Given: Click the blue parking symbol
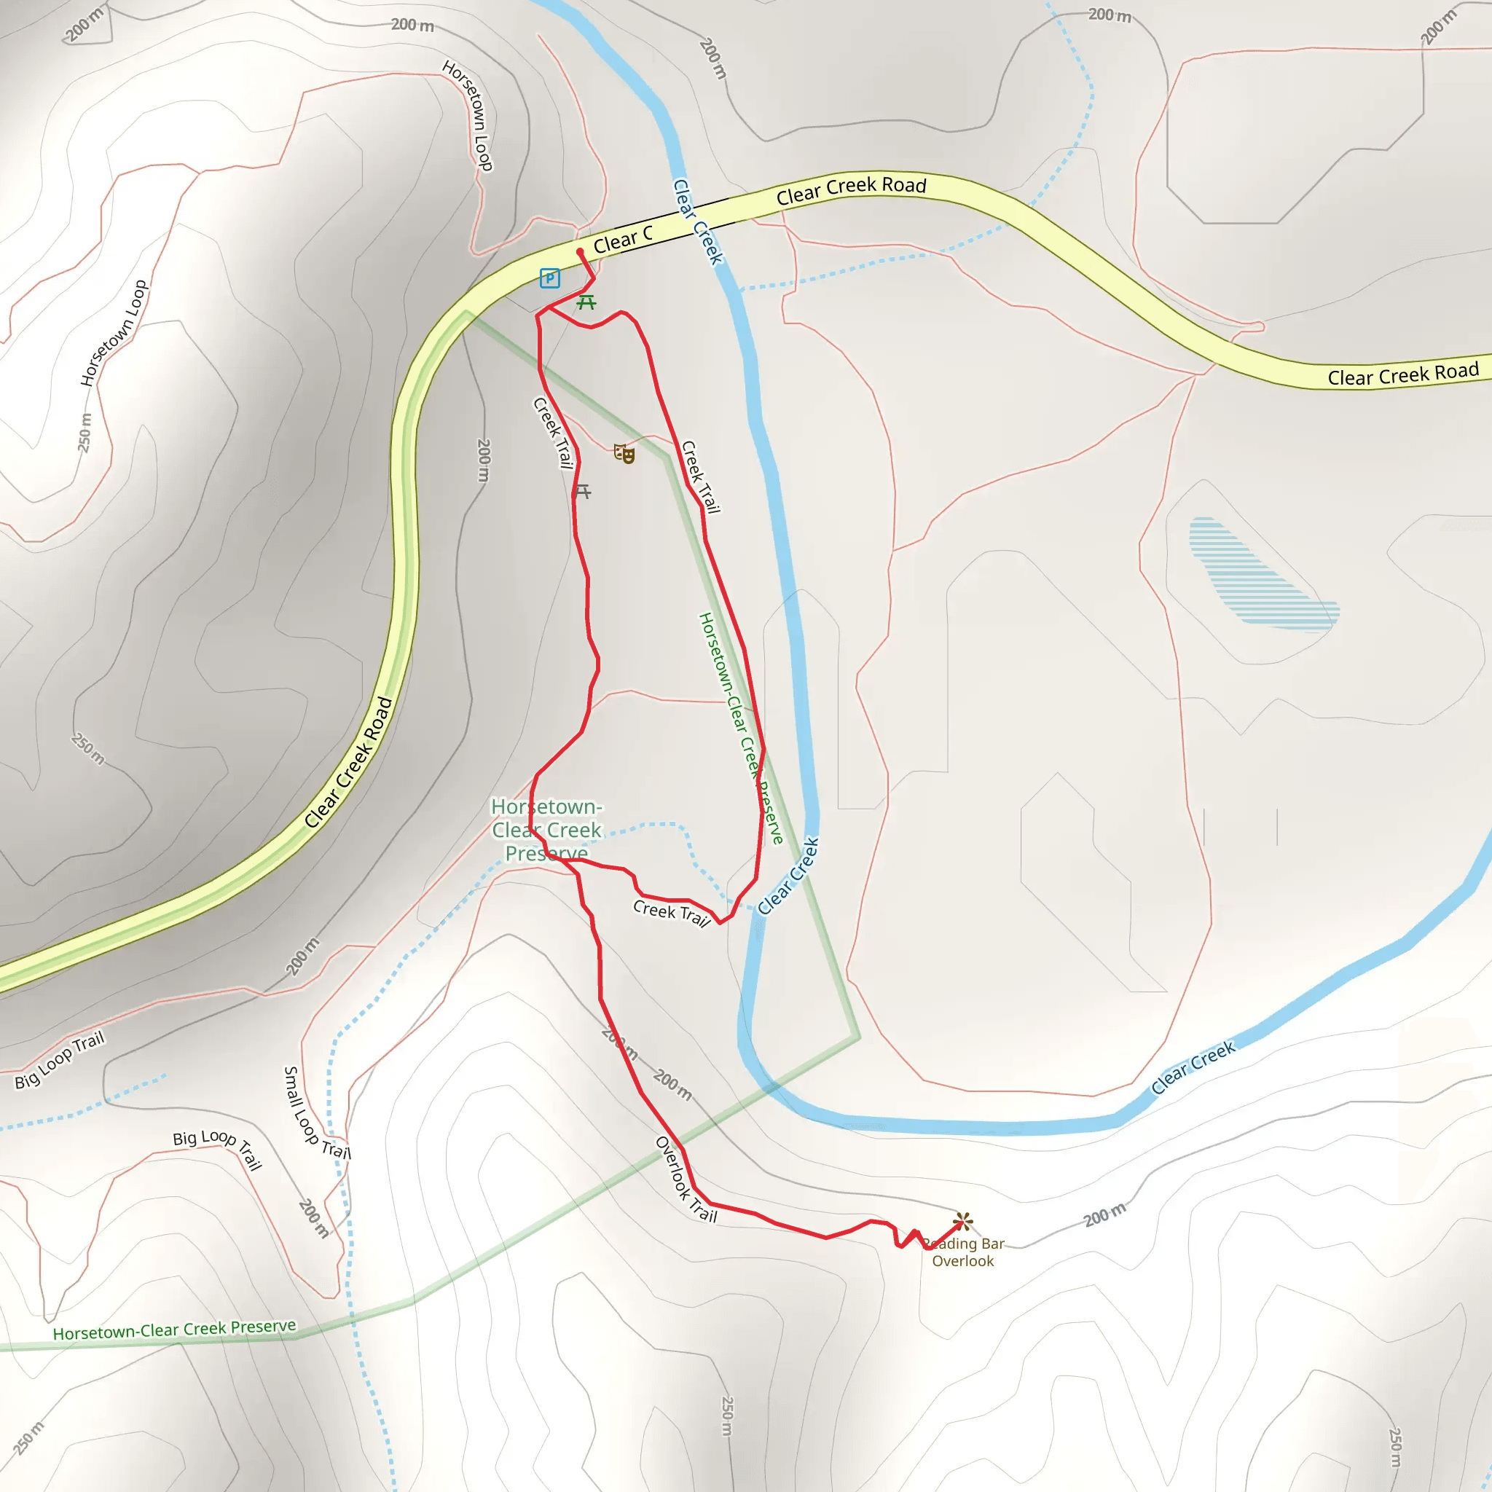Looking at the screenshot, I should click(550, 278).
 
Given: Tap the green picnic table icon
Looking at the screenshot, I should click(587, 302).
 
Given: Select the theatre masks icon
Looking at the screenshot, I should click(624, 453).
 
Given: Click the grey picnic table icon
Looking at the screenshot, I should click(583, 491).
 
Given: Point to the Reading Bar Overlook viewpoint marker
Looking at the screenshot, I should click(962, 1222).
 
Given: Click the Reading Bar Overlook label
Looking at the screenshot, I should click(963, 1252).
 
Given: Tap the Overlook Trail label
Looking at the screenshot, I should click(686, 1180).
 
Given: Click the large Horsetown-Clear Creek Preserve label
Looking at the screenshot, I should click(547, 831).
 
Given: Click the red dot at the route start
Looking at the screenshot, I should click(580, 252).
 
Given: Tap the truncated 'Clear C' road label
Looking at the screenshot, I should click(623, 240).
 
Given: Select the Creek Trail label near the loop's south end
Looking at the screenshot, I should click(671, 912).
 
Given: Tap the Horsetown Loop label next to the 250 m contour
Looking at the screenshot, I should click(114, 333).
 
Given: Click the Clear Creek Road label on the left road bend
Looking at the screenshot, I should click(348, 763).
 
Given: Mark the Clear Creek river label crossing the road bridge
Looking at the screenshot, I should click(697, 222).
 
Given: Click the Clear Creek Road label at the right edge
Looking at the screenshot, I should click(1402, 374).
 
